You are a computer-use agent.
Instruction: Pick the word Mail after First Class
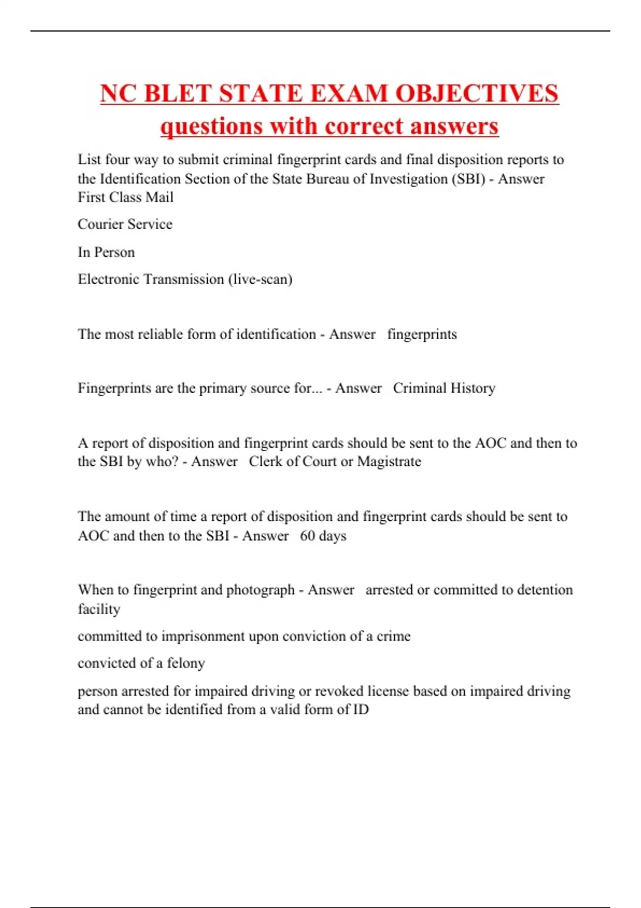(x=160, y=198)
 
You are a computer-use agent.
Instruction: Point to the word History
(x=473, y=388)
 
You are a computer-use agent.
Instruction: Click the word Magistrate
(x=389, y=461)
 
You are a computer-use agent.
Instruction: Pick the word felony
(x=186, y=663)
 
